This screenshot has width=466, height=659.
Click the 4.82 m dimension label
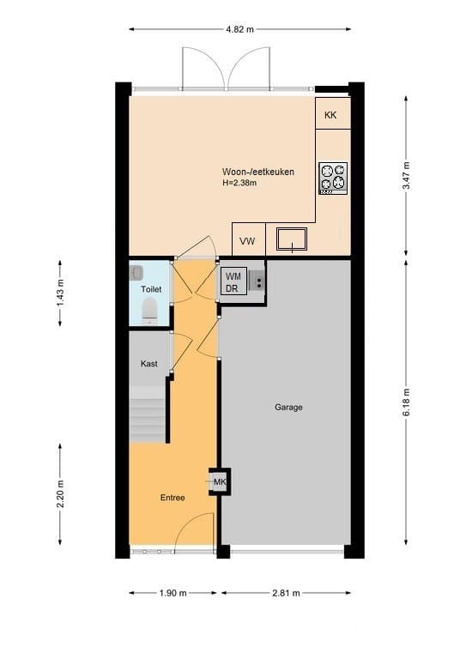[239, 29]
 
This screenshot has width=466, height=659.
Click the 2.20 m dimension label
[60, 494]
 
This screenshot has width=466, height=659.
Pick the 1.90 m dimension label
[174, 592]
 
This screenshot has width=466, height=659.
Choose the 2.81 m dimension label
[286, 592]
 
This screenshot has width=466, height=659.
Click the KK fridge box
[332, 113]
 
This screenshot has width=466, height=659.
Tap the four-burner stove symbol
[333, 178]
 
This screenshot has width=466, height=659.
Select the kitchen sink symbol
[293, 239]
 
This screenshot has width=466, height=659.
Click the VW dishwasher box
[248, 240]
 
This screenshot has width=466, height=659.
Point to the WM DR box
[233, 282]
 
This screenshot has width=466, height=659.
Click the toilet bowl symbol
[149, 311]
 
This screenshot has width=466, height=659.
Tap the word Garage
[288, 408]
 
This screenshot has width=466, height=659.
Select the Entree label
[172, 498]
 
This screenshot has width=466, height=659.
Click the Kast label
[149, 364]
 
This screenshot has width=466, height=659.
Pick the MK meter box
[219, 482]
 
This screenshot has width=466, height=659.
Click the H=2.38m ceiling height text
[240, 183]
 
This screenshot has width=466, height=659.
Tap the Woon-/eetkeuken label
[257, 172]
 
